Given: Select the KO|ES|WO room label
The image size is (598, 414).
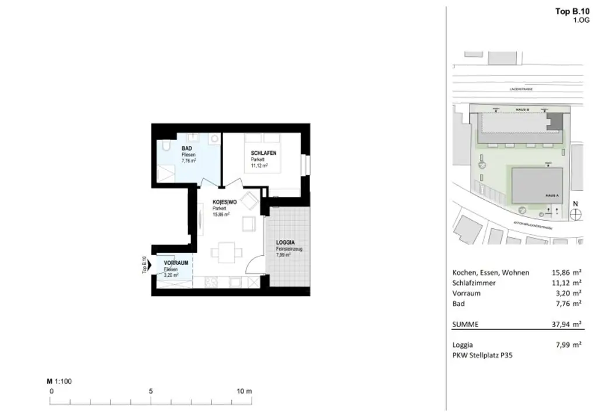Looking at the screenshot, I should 224,202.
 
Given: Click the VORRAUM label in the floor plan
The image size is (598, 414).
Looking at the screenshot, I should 176,263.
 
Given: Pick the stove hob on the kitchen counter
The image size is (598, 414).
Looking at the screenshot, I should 211,281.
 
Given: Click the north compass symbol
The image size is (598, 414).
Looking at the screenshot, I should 576,213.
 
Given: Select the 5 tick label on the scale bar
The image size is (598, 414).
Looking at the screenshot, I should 151,391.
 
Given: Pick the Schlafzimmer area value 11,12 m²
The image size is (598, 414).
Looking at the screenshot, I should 566,283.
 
